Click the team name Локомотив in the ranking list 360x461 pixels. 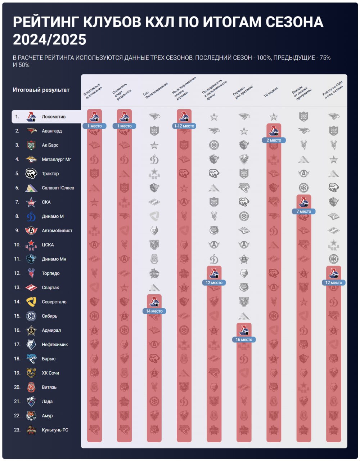(x=54, y=117)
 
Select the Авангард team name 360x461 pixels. (x=52, y=131)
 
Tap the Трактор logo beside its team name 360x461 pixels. (x=31, y=174)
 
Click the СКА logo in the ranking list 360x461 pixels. (x=31, y=202)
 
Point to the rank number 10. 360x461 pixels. (x=17, y=245)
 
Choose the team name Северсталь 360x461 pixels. (x=54, y=302)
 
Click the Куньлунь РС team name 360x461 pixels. (x=55, y=430)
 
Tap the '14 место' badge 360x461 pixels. (x=154, y=311)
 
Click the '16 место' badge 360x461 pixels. (x=244, y=340)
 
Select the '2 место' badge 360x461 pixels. (x=274, y=140)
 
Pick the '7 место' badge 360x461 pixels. (x=303, y=211)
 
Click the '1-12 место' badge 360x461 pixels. (x=184, y=126)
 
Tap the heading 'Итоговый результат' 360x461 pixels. (x=41, y=90)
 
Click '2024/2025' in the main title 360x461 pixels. (x=49, y=39)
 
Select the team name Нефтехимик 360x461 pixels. (x=55, y=345)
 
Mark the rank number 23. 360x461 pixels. (x=17, y=430)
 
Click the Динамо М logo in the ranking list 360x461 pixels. (x=31, y=216)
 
